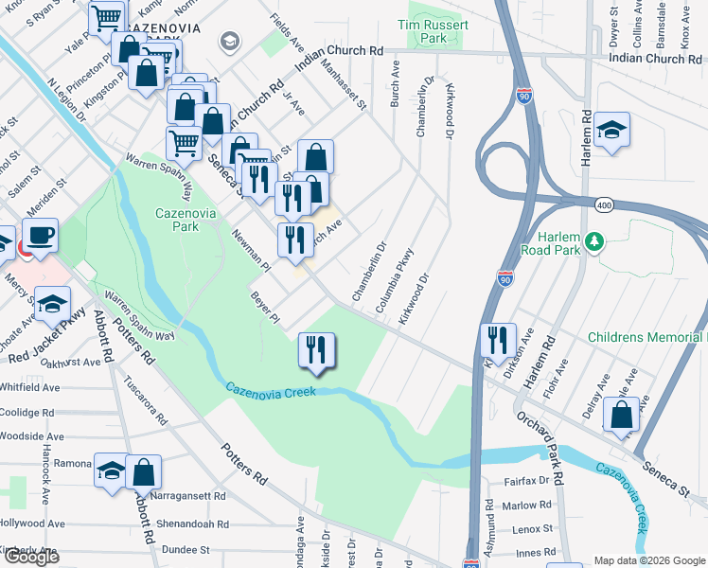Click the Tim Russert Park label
point(434,31)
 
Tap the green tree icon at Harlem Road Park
point(594,243)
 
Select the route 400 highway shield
point(603,204)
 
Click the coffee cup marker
point(41,236)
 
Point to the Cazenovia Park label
point(179,221)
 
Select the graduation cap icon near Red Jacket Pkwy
point(51,305)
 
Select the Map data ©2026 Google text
point(648,560)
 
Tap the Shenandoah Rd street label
point(194,524)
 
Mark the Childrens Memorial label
point(646,337)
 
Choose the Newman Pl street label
point(252,254)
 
